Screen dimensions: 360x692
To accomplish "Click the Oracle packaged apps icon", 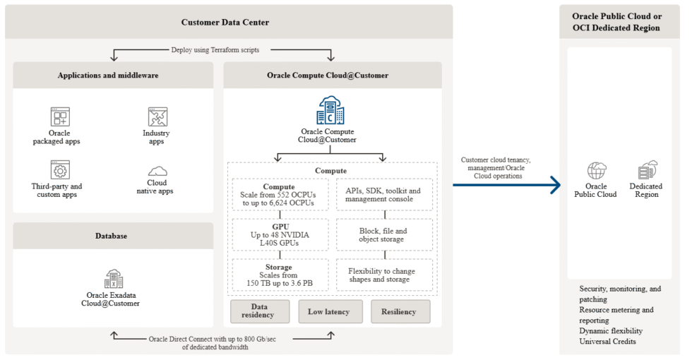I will point(60,116).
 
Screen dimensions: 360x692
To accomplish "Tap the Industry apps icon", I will point(157,116).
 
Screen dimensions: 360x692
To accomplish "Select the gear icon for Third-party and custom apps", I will point(60,170).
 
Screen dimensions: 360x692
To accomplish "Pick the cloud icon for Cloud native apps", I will point(157,171).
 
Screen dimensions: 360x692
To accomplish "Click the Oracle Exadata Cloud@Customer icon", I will point(113,278).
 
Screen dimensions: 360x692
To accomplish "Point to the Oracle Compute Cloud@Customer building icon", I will point(330,111).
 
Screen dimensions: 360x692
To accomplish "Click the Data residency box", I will point(260,311).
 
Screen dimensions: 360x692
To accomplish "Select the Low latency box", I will point(330,311).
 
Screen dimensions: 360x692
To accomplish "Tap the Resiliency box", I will point(400,311).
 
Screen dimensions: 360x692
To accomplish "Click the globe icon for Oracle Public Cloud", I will point(596,170).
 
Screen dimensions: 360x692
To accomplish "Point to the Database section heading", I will point(113,236).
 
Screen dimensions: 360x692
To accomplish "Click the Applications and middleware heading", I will point(113,75).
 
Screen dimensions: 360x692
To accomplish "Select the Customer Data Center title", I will point(225,22).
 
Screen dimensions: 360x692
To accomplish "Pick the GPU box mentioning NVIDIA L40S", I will point(280,234).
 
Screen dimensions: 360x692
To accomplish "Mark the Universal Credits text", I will point(607,342).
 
